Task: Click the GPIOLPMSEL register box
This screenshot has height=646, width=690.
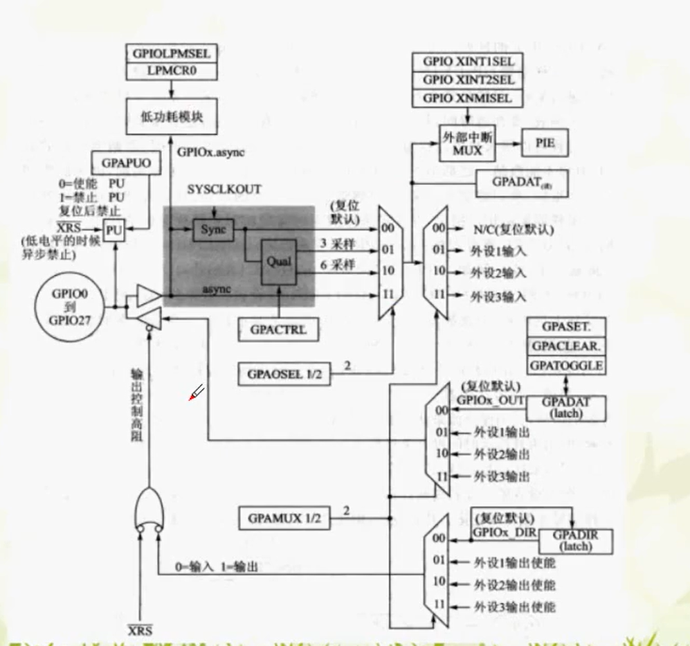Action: (x=170, y=53)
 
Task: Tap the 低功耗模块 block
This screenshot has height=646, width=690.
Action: (x=170, y=116)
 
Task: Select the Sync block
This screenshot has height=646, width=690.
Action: (x=213, y=229)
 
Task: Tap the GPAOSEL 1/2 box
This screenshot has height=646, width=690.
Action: (x=284, y=374)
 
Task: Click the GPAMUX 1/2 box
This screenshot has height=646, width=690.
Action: (x=284, y=517)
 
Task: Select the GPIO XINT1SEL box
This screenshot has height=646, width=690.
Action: (x=467, y=62)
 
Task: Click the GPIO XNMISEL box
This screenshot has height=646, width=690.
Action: (x=467, y=98)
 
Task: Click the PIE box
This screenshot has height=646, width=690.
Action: (x=543, y=143)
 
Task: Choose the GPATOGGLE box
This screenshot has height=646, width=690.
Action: (x=565, y=365)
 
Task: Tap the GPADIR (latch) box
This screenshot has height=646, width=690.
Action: (x=574, y=539)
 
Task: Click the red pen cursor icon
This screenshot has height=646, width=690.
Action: (x=196, y=393)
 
